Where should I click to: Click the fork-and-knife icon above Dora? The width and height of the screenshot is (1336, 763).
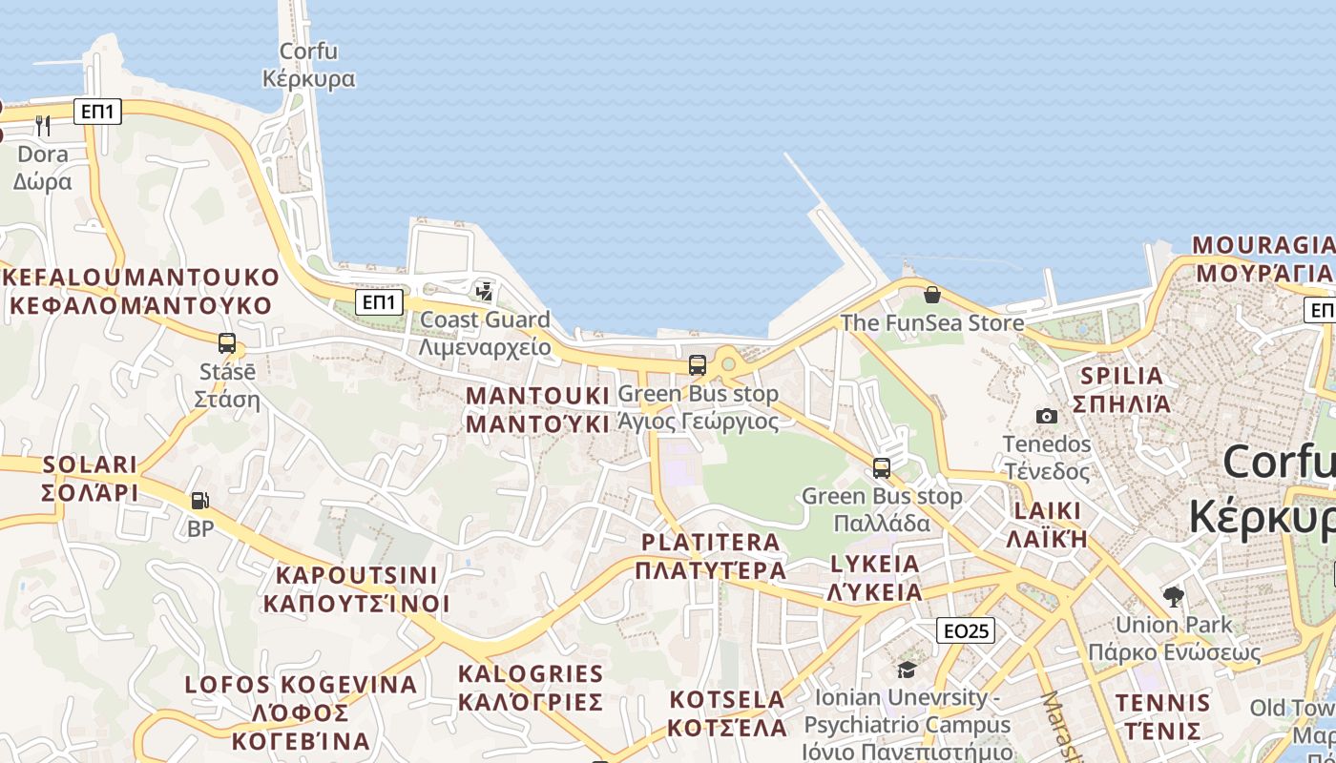pos(42,125)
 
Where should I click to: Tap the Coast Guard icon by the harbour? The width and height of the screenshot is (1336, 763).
pos(485,290)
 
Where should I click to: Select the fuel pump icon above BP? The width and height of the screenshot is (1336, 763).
pos(200,500)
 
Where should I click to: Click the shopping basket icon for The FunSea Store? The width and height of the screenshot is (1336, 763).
pos(932,295)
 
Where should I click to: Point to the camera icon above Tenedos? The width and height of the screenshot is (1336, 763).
pos(1047,416)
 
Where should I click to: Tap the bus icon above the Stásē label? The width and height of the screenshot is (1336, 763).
pos(227,343)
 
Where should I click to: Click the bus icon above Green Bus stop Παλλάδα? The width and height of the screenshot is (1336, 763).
pos(882,468)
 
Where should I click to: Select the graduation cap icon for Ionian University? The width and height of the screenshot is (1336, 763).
pos(907,670)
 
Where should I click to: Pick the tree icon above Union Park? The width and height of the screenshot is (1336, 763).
pos(1174,597)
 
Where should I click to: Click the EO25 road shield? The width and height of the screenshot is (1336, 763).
pos(966,630)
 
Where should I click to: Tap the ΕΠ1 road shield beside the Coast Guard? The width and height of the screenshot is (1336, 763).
pos(379,303)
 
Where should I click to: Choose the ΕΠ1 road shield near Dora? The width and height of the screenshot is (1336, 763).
pos(97,112)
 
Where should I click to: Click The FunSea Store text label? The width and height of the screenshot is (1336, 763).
pos(932,323)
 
